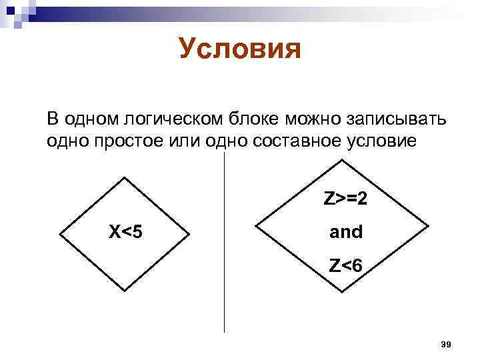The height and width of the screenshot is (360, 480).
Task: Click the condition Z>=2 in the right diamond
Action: [x=346, y=199]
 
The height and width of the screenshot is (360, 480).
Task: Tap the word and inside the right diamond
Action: [x=346, y=233]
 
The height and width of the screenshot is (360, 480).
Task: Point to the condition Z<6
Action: [x=346, y=266]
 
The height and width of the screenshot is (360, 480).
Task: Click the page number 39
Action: [x=447, y=344]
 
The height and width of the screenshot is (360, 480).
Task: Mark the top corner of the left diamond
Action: [x=125, y=177]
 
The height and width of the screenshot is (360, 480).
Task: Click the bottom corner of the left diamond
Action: [x=125, y=290]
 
